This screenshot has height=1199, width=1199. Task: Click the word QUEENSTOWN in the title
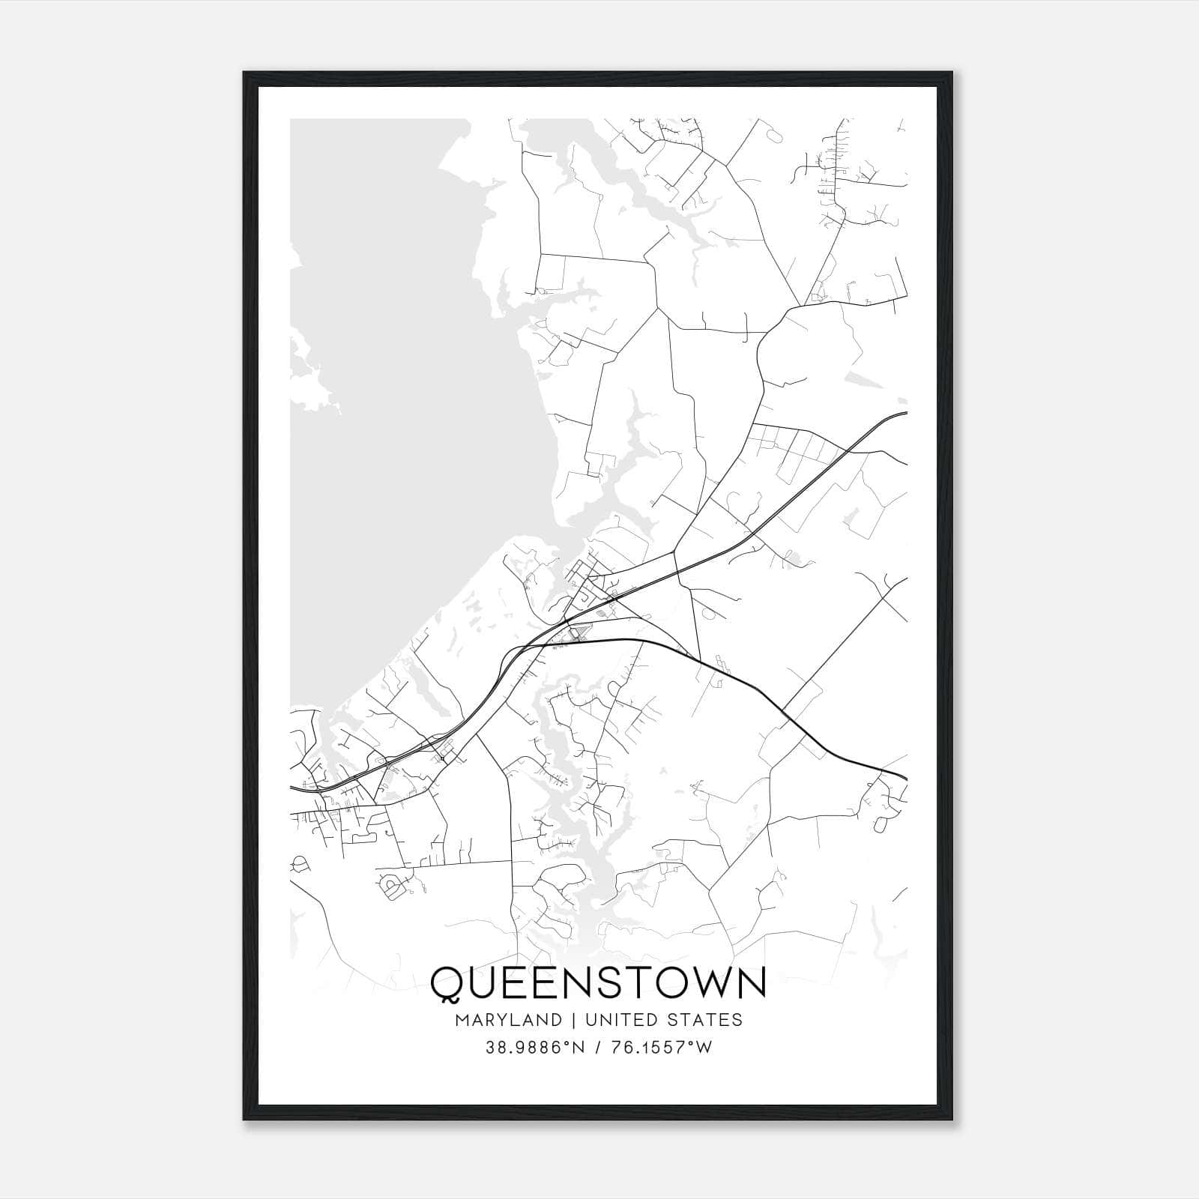[598, 982]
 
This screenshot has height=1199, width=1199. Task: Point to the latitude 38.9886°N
[531, 1048]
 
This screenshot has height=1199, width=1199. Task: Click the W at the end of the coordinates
[704, 1048]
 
